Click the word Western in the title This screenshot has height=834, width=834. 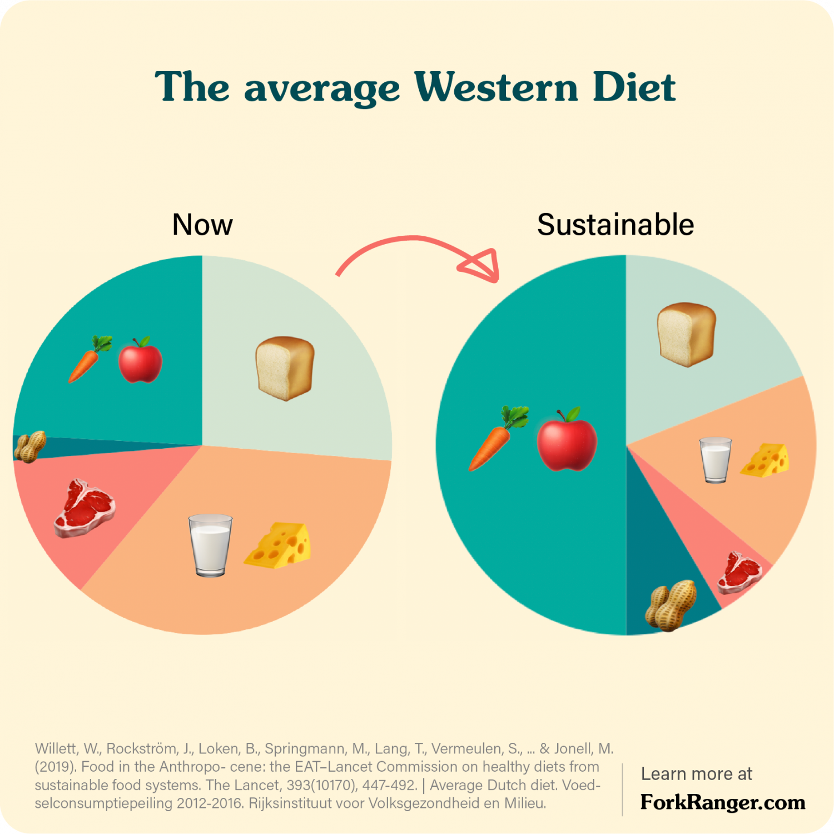click(496, 87)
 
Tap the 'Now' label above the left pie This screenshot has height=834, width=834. click(202, 225)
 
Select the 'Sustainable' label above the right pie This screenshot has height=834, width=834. click(615, 225)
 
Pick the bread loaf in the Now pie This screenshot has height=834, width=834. click(285, 368)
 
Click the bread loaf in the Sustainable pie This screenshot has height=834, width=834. click(686, 334)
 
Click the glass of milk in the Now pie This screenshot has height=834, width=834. click(210, 545)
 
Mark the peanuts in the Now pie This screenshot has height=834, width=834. click(29, 446)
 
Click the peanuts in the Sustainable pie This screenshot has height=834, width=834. click(671, 605)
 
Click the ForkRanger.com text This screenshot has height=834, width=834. click(722, 802)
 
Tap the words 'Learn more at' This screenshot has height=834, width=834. click(696, 773)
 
